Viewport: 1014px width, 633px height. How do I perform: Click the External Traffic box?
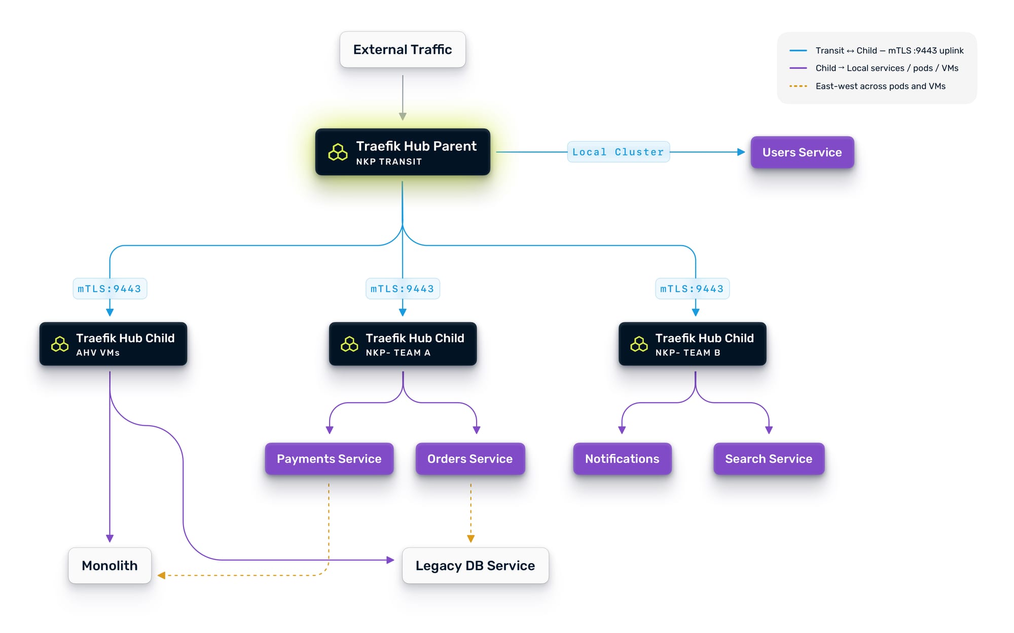tap(403, 50)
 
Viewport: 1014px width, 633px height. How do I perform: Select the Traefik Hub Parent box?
tap(403, 152)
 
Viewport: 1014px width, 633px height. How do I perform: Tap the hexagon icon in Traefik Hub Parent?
tap(338, 152)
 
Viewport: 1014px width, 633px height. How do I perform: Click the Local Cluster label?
tap(618, 152)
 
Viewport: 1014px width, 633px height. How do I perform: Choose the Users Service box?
tap(802, 152)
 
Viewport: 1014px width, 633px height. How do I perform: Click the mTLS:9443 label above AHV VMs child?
tap(110, 289)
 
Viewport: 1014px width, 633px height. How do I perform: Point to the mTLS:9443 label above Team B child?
tap(692, 289)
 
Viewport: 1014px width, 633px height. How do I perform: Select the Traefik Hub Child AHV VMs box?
tap(113, 344)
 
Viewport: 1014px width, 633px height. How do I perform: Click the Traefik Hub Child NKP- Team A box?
tap(403, 344)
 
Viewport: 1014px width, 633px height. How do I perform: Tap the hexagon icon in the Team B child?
tap(639, 345)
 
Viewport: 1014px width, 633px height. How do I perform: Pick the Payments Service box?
tap(329, 459)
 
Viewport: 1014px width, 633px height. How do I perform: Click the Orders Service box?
tap(470, 459)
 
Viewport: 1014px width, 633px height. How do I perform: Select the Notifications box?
tap(622, 459)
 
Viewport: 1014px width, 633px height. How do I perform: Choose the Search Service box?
tap(769, 459)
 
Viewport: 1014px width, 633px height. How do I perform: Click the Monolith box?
tap(110, 566)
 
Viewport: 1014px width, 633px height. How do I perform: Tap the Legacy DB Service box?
tap(475, 566)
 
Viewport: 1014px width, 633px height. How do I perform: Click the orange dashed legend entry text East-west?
tap(880, 86)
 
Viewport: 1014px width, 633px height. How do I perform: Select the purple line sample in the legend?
tap(798, 68)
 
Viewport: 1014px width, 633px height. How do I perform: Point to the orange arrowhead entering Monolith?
tap(161, 575)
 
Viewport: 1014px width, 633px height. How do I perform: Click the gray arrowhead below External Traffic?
tap(403, 117)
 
